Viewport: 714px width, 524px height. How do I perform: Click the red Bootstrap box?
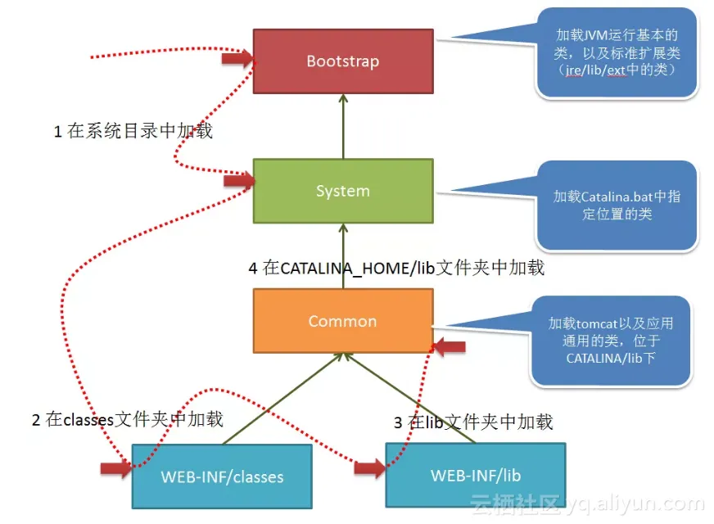point(342,61)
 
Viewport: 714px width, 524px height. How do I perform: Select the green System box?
point(342,191)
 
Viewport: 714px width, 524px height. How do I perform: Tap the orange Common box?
point(342,321)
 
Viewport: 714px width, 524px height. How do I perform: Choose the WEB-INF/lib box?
point(475,475)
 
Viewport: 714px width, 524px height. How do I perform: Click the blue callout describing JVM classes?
point(617,54)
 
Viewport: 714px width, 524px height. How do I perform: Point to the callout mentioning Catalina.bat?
point(617,206)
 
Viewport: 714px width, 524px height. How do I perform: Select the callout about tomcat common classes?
point(611,341)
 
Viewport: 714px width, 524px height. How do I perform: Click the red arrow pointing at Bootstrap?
point(237,59)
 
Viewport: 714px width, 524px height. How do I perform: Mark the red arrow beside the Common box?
point(449,347)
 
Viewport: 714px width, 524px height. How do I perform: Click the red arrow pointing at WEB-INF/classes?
point(115,468)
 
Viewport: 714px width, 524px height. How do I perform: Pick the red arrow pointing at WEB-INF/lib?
point(370,468)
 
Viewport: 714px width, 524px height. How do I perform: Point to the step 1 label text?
point(133,131)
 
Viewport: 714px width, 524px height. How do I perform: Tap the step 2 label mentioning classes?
point(127,420)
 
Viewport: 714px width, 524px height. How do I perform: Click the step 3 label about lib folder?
point(473,422)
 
